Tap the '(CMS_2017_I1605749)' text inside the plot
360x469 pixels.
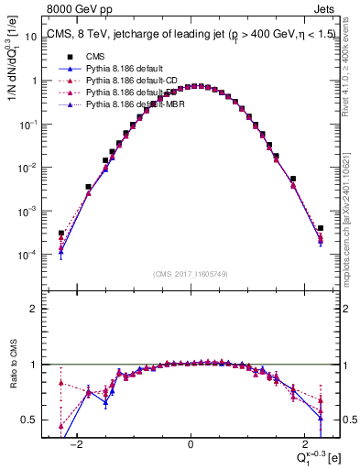[x=191, y=274]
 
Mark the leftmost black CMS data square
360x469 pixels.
[x=60, y=234]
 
